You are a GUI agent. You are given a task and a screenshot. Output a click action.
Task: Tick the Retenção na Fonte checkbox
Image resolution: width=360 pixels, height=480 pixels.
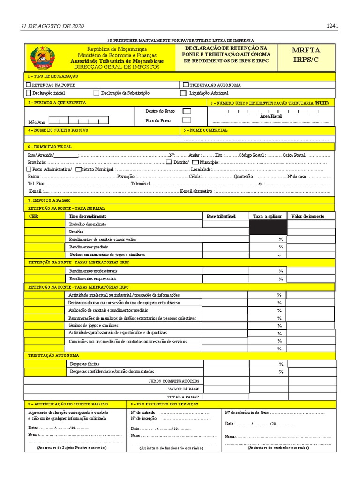click(29, 85)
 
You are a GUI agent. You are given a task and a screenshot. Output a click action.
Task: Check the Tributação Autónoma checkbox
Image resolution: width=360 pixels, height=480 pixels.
click(186, 85)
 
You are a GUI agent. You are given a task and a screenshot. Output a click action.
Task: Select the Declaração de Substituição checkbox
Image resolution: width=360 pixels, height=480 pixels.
click(97, 93)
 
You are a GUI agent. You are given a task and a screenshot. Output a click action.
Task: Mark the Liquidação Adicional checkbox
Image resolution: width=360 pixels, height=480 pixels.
click(183, 93)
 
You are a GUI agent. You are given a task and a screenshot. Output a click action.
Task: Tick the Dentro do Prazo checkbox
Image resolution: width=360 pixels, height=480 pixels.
click(187, 111)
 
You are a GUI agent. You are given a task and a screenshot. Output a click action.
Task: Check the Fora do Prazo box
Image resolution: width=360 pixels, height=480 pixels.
click(187, 121)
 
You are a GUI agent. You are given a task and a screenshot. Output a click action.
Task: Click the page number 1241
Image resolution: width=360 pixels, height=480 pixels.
click(332, 26)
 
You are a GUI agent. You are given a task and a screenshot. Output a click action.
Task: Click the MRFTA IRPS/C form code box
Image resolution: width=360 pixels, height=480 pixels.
click(307, 56)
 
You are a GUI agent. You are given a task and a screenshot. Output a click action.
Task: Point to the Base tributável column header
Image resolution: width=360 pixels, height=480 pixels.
click(221, 216)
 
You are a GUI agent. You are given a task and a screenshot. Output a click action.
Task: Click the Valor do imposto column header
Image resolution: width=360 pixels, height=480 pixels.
click(307, 216)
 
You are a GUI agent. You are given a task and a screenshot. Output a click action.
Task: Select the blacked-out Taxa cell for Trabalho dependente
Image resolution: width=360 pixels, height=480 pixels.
click(268, 227)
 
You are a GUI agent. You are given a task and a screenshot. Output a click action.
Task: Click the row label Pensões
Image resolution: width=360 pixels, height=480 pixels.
click(76, 232)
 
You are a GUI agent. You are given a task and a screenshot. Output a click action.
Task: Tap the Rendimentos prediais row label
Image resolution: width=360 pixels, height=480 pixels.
click(89, 247)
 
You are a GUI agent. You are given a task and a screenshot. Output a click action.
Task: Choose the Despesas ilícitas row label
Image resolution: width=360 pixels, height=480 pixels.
click(84, 363)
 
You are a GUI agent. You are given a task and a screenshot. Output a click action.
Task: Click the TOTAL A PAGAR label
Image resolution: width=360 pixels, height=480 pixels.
click(184, 396)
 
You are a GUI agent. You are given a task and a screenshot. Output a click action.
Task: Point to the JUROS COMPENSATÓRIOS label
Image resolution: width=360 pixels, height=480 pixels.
click(174, 381)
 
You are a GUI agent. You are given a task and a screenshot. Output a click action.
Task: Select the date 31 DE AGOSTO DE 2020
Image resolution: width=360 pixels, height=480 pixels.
click(52, 26)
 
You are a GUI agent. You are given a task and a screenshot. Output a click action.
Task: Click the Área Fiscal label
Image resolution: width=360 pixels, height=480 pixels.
click(271, 116)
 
